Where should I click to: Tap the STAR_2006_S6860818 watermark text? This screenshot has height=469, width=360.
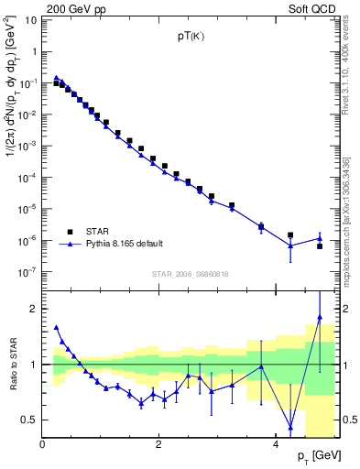[x=191, y=272]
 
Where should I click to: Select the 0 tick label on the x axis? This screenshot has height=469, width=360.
[x=43, y=444]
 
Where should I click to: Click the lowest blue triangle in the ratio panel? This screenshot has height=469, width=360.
[x=290, y=426]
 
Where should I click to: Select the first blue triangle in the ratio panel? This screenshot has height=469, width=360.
[x=57, y=327]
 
